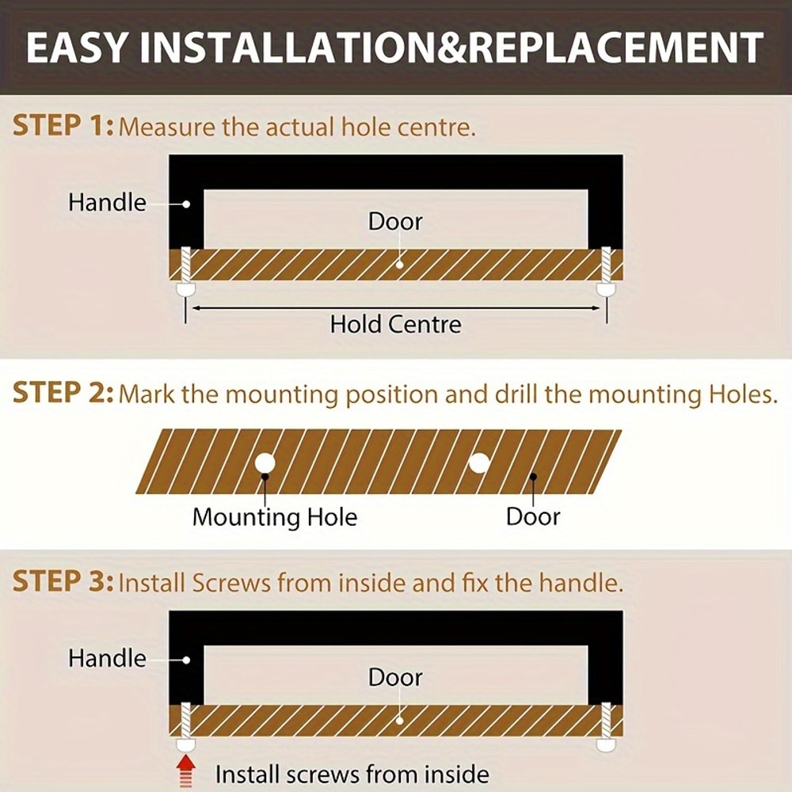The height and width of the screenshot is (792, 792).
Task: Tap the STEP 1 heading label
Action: click(x=63, y=125)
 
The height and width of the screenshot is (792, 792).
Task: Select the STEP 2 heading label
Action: click(x=63, y=393)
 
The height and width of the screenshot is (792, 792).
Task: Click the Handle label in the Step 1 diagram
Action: click(x=107, y=203)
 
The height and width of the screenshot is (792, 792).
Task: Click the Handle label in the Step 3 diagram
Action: click(x=107, y=659)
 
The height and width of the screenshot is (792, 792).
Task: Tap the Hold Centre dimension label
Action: click(x=395, y=324)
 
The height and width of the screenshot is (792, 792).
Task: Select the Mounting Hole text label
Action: click(x=275, y=517)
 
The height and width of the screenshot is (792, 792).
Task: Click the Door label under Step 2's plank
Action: click(x=533, y=516)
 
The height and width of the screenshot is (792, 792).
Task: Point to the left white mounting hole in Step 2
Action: click(x=265, y=463)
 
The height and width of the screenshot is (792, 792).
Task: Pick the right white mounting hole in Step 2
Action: click(x=479, y=463)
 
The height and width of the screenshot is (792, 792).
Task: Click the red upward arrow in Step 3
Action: click(x=186, y=771)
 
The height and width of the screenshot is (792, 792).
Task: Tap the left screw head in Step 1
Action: click(x=185, y=289)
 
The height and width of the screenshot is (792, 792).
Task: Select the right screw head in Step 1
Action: click(x=606, y=289)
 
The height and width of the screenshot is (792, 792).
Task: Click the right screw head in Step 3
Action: click(x=606, y=744)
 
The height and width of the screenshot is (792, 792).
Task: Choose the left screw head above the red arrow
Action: click(x=185, y=744)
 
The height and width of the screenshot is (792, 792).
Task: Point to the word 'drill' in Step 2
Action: click(x=517, y=394)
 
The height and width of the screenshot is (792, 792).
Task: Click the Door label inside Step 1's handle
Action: click(x=395, y=221)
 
